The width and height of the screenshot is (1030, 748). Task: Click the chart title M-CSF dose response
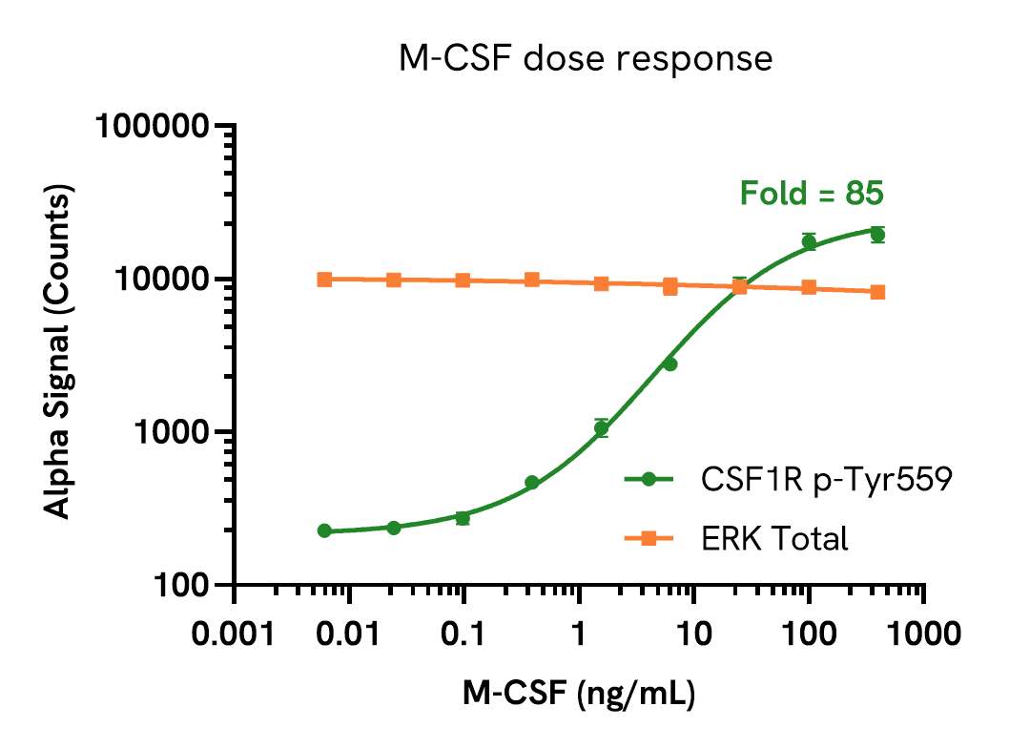(585, 59)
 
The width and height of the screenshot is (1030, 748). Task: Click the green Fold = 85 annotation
(812, 194)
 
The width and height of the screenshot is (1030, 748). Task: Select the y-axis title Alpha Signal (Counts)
(59, 354)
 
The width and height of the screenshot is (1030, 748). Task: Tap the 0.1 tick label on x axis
(464, 634)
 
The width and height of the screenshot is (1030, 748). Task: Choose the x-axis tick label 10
(693, 634)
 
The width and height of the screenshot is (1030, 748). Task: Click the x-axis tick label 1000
(922, 634)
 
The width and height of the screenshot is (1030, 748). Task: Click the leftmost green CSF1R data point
(324, 530)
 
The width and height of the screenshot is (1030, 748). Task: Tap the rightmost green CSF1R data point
(877, 234)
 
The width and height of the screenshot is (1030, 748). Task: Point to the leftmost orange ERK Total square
(324, 279)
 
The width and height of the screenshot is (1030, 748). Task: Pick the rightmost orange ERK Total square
(877, 291)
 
